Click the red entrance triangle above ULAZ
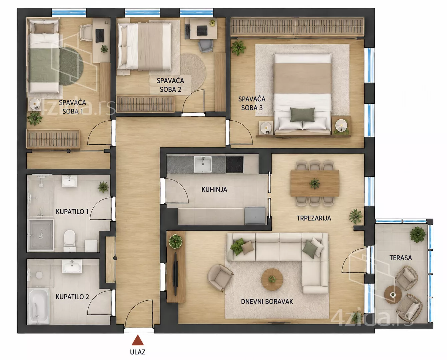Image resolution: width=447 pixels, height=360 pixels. pos(137,340)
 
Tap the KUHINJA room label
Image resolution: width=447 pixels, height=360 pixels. pos(214,189)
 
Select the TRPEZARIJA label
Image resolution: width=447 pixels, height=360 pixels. pos(314,218)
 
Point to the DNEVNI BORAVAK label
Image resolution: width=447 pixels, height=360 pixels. pos(267,301)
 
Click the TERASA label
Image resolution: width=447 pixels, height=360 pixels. pos(401,258)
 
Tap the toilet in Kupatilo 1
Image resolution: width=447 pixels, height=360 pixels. pos(70,240)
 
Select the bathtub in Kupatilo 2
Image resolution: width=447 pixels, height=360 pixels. pos(38,306)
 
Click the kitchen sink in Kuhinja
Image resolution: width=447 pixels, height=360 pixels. pos(202,164)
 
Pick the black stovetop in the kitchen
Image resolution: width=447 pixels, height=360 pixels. pos(234,164)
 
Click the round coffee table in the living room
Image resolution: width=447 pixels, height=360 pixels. pos(272,279)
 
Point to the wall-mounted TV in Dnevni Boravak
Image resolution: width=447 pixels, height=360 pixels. pos(176,274)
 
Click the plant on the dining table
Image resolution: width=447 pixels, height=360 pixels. pos(315,184)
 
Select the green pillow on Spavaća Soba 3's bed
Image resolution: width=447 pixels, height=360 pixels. pos(302,115)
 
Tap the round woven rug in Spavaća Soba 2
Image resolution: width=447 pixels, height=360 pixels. pos(193,72)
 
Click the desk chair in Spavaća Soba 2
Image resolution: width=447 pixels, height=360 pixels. pos(205,46)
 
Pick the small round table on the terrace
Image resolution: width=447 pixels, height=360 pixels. pos(393,295)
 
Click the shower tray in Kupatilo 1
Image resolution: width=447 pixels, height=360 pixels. pos(41,235)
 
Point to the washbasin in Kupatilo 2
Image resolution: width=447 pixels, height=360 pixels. pos(72,266)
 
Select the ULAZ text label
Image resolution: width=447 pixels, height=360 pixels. pos(137,352)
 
